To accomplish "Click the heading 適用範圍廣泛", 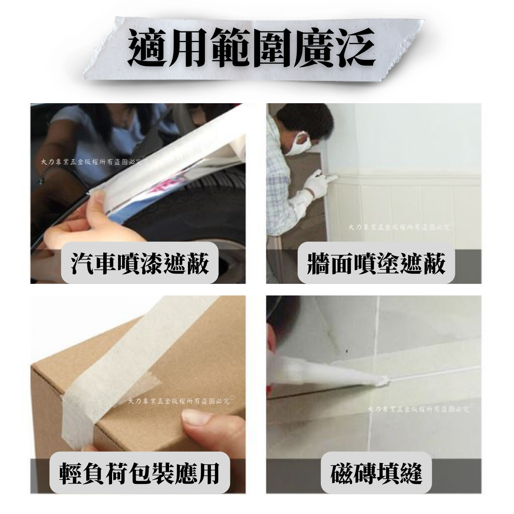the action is pyautogui.click(x=251, y=48).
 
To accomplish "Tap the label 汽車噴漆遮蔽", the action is pyautogui.click(x=140, y=264).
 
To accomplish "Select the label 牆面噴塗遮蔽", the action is pyautogui.click(x=376, y=264).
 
